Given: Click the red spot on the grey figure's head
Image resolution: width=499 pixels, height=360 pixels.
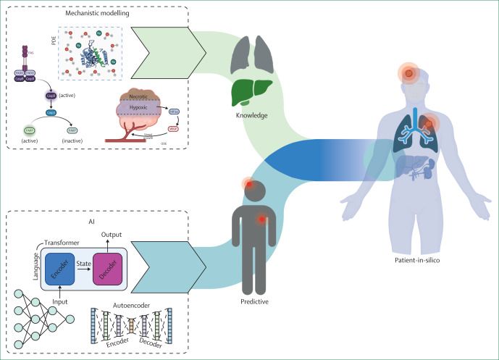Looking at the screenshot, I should pos(250,186).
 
